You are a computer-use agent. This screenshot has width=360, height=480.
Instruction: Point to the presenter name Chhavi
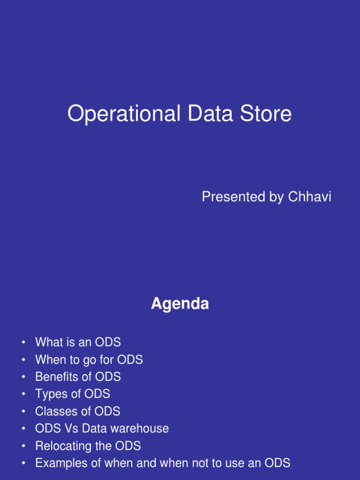point(309,197)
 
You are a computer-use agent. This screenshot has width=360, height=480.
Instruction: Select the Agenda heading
point(180,304)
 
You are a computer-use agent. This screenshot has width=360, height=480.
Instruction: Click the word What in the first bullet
point(48,342)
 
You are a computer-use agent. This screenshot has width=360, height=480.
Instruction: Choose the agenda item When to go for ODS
point(89,360)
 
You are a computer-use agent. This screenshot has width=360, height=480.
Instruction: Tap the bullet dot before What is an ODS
point(23,343)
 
